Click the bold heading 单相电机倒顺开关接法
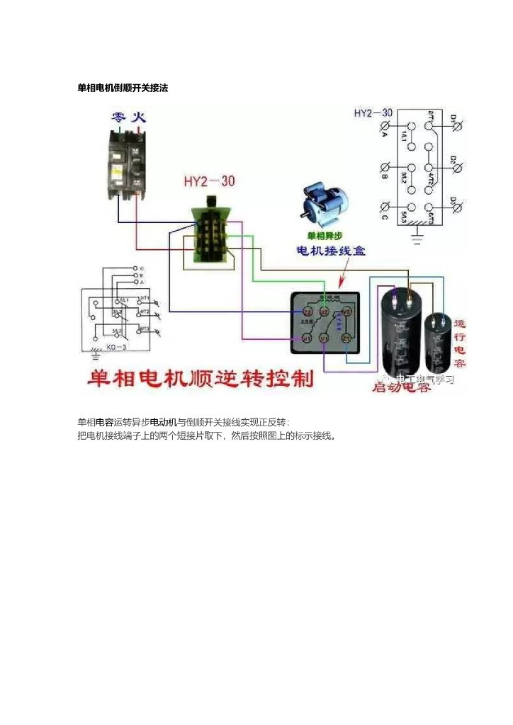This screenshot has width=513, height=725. [122, 88]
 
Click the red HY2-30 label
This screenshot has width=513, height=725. [209, 181]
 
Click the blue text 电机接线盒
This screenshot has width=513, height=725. [331, 251]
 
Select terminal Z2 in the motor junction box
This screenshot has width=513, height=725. [308, 312]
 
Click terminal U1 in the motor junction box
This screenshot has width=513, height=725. [307, 339]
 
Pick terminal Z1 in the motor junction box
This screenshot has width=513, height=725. [346, 338]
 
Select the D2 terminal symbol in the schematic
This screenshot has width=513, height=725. [457, 168]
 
